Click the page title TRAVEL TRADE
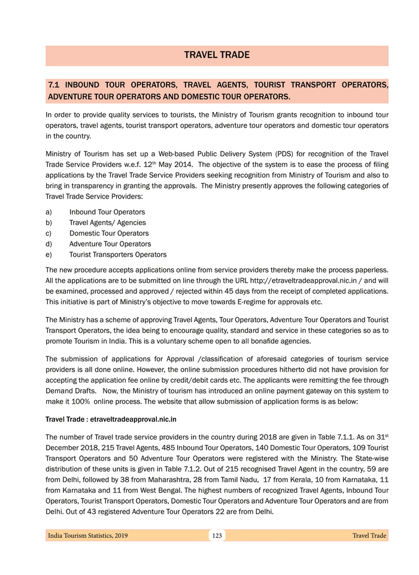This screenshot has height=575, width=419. [x=217, y=55]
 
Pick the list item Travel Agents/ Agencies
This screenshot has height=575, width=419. [x=107, y=223]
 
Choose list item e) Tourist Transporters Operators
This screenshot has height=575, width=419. [x=118, y=255]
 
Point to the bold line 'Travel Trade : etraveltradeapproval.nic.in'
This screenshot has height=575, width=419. [x=111, y=419]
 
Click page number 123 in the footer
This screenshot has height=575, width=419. [x=217, y=535]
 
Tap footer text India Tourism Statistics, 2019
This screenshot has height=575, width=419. [x=87, y=535]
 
